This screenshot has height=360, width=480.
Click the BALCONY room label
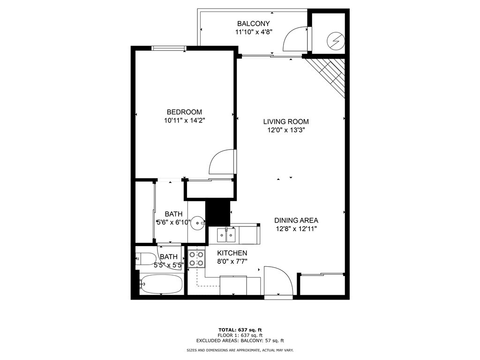click(x=254, y=23)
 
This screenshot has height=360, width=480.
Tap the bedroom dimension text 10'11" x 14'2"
click(x=184, y=120)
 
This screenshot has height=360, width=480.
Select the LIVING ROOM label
click(x=286, y=122)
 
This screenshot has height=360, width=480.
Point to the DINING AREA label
click(x=296, y=220)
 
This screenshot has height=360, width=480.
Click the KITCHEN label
click(x=232, y=253)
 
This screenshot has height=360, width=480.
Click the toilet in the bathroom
click(x=146, y=259)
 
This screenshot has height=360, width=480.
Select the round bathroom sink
click(x=197, y=223)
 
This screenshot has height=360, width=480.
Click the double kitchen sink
click(x=226, y=235)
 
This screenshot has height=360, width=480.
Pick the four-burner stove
click(x=196, y=259)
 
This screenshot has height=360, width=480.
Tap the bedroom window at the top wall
click(x=169, y=48)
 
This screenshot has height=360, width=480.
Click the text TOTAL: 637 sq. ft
click(x=240, y=330)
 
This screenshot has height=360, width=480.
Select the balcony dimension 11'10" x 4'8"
click(x=254, y=32)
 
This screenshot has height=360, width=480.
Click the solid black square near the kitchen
click(x=217, y=213)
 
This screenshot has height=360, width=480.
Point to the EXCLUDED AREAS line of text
click(x=240, y=340)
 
